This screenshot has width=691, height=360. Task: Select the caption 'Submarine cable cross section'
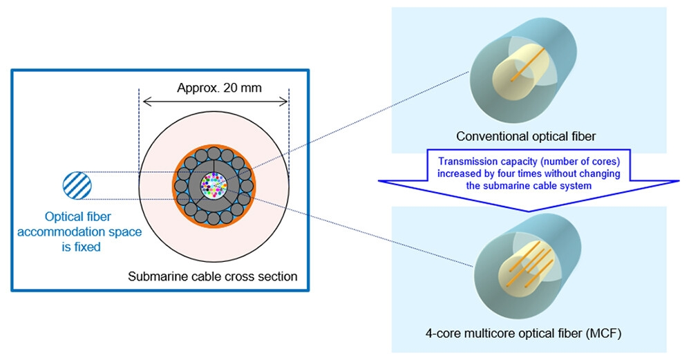pyautogui.click(x=213, y=276)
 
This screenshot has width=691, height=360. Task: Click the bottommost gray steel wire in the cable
pyautogui.click(x=214, y=218)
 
